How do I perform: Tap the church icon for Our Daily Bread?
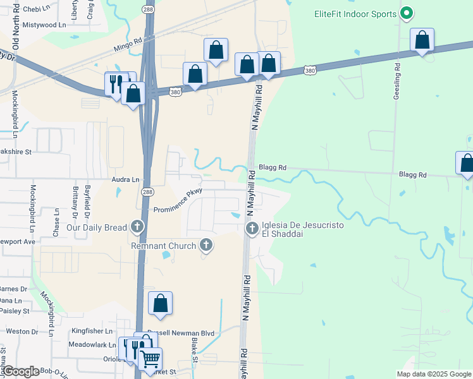137,226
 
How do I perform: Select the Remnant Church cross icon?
205,244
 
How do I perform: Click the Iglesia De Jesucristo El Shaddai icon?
252,227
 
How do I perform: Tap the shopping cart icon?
150,359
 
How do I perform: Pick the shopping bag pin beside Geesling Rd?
422,40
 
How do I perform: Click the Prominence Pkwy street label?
178,202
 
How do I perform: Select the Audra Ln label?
126,179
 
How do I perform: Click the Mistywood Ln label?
44,25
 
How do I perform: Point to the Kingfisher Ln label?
92,330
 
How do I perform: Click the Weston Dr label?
18,331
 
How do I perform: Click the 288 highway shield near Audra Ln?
147,191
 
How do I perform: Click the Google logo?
21,371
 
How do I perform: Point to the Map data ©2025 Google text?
433,374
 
